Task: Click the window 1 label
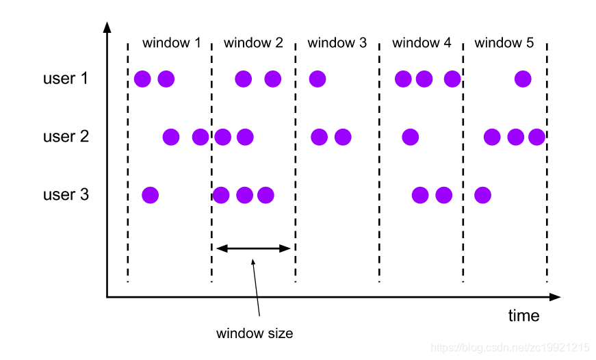(x=171, y=43)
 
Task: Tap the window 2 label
(x=253, y=43)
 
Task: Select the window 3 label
(x=337, y=43)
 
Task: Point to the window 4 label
(x=422, y=43)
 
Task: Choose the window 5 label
(x=504, y=43)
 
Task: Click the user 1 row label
(x=66, y=79)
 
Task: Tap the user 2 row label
(x=66, y=136)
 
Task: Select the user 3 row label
(x=66, y=195)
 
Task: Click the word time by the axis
(x=523, y=316)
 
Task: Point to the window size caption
(x=255, y=334)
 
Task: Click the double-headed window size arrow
(x=253, y=248)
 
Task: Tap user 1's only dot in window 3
(x=317, y=79)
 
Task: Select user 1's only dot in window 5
(x=523, y=79)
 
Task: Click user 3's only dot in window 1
(x=150, y=195)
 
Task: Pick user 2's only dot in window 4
(x=410, y=137)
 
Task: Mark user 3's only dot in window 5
(x=482, y=195)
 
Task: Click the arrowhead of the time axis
(x=555, y=297)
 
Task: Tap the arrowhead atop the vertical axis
(x=107, y=27)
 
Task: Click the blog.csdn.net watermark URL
(x=510, y=348)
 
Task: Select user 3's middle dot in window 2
(x=244, y=195)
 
